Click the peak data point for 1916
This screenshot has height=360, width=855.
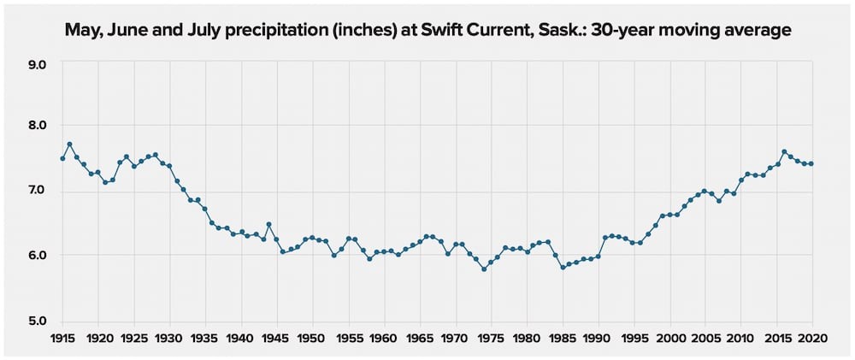(69, 145)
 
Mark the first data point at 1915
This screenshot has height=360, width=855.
(62, 158)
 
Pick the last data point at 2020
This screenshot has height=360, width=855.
(811, 163)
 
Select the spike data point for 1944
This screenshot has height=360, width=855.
(269, 224)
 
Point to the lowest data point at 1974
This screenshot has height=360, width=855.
(484, 269)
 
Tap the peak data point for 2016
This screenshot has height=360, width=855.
(783, 152)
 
